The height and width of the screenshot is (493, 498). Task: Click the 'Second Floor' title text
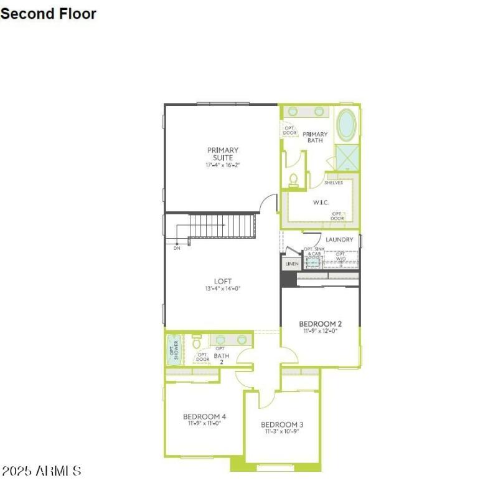click(x=48, y=13)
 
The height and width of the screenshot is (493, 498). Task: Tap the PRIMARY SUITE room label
click(x=223, y=153)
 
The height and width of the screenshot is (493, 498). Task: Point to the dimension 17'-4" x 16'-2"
click(x=223, y=165)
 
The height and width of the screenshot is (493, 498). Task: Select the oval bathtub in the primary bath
click(x=347, y=125)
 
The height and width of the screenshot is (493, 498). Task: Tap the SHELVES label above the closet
click(x=334, y=183)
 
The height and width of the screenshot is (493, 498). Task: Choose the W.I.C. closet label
click(x=320, y=203)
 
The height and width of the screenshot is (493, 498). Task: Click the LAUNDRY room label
click(x=339, y=239)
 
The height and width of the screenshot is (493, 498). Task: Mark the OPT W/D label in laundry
click(x=341, y=256)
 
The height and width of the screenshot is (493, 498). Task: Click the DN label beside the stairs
click(x=177, y=248)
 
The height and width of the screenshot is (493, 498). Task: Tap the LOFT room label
click(x=223, y=281)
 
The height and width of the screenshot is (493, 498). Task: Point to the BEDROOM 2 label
click(x=320, y=323)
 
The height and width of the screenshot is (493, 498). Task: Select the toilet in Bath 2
click(x=197, y=342)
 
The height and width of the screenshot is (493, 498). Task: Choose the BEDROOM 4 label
click(x=204, y=416)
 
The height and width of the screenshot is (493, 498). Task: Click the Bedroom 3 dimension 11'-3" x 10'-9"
click(x=282, y=431)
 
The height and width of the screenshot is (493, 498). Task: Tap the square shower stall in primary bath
click(x=347, y=156)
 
